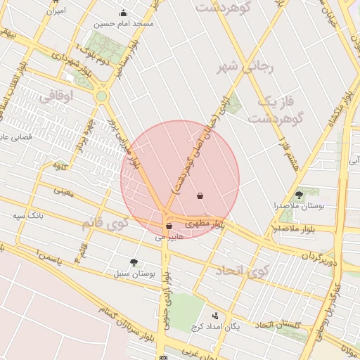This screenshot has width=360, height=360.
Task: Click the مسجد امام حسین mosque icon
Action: click(124, 13)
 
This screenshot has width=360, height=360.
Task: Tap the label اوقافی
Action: click(57, 98)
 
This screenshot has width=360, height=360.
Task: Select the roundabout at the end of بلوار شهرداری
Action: click(102, 96)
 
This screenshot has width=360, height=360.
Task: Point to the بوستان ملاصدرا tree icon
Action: click(300, 194)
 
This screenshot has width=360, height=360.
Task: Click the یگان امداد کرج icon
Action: click(215, 316)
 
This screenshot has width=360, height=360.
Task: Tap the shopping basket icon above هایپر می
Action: click(169, 226)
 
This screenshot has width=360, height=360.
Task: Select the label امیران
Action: click(54, 11)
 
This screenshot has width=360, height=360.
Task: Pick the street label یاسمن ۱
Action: click(38, 259)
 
